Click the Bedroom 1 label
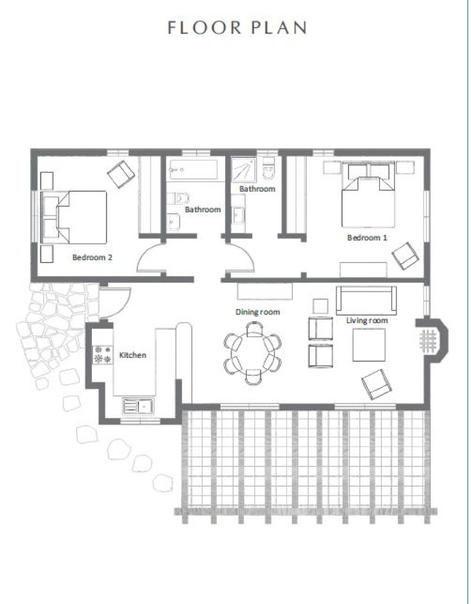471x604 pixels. click(367, 238)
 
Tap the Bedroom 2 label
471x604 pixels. click(93, 257)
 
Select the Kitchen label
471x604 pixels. click(133, 355)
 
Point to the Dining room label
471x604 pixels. click(258, 311)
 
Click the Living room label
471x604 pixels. click(367, 320)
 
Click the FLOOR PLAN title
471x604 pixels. click(237, 27)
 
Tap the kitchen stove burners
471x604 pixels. click(103, 354)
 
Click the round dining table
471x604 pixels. click(253, 353)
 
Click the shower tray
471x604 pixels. click(244, 169)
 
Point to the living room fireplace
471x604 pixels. click(432, 341)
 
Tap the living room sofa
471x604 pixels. click(366, 300)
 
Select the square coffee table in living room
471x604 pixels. click(369, 345)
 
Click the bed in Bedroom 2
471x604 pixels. click(74, 217)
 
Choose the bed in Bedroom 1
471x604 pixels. click(368, 195)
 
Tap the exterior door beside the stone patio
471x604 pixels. click(116, 303)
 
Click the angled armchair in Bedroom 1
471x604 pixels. click(405, 255)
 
